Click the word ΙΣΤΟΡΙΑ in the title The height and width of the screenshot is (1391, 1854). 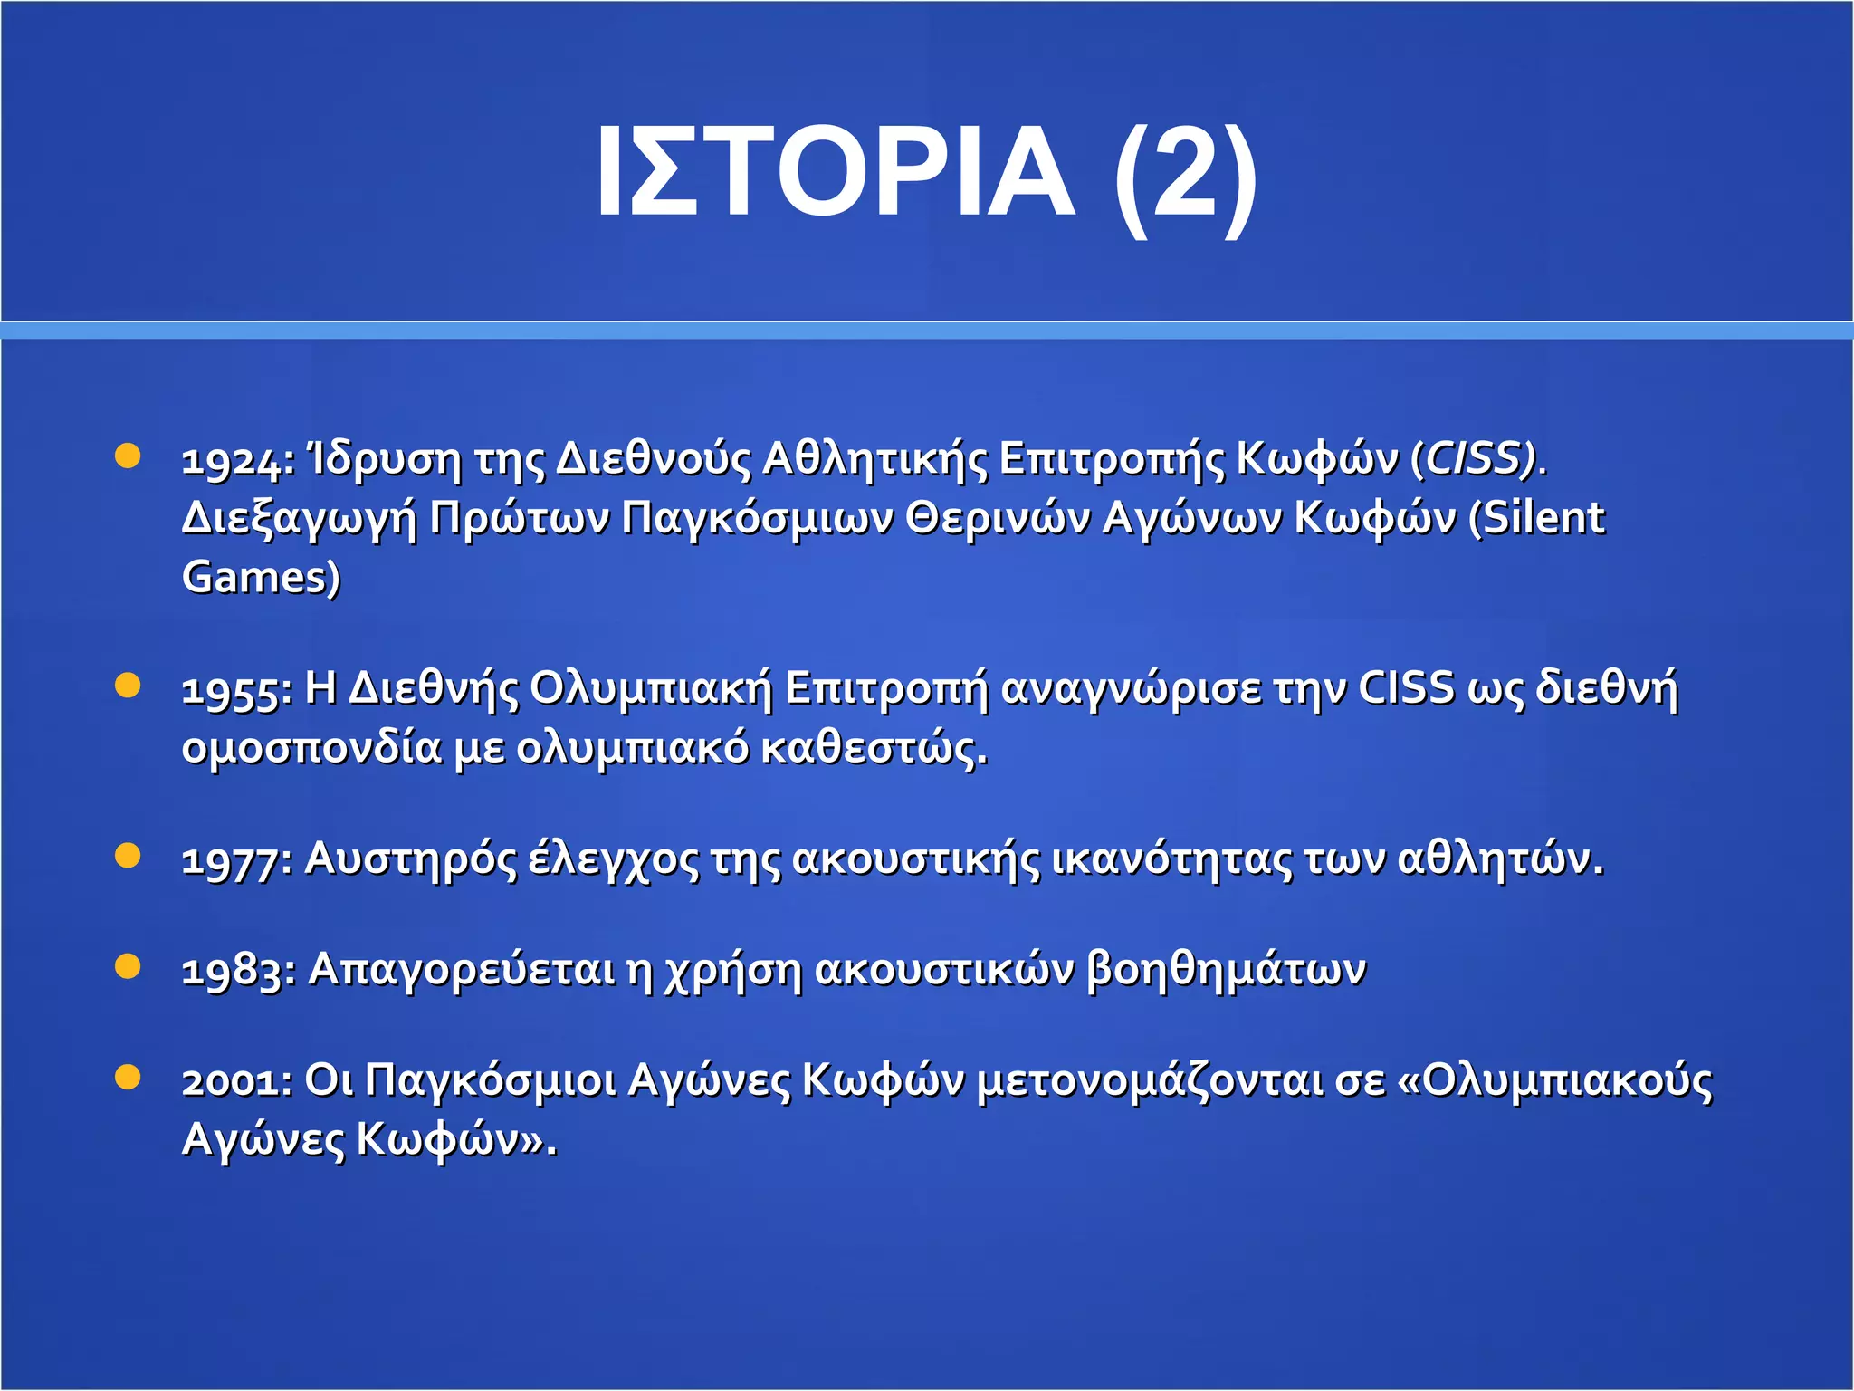pos(834,172)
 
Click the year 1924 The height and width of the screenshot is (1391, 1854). pos(234,461)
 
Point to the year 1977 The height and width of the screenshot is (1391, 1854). pos(234,860)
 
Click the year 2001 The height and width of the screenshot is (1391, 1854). pos(234,1081)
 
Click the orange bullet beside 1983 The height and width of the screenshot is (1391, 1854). pos(129,966)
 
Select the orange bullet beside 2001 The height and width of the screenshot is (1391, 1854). pos(129,1077)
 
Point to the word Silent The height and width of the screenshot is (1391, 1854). pos(1543,518)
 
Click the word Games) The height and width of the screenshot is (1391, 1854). pos(261,578)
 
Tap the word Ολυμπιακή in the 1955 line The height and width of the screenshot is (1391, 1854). pos(651,689)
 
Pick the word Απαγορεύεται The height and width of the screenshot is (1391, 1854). pos(461,971)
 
